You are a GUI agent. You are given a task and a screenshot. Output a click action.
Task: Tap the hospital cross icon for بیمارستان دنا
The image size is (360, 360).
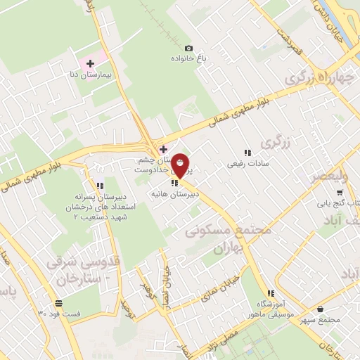pos(90,63)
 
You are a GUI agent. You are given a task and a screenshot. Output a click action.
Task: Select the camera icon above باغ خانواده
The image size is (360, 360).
pos(188,48)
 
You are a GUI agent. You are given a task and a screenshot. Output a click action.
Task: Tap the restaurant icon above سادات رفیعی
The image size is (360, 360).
pos(247,152)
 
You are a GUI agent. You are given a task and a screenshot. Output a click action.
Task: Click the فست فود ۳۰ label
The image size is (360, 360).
pos(60,313)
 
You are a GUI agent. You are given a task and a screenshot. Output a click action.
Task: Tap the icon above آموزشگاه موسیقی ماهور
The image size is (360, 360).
pos(270,293)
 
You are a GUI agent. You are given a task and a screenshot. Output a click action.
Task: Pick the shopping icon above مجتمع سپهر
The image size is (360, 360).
pos(321,309)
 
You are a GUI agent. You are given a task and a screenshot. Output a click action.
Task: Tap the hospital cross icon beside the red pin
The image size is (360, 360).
pos(163,148)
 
